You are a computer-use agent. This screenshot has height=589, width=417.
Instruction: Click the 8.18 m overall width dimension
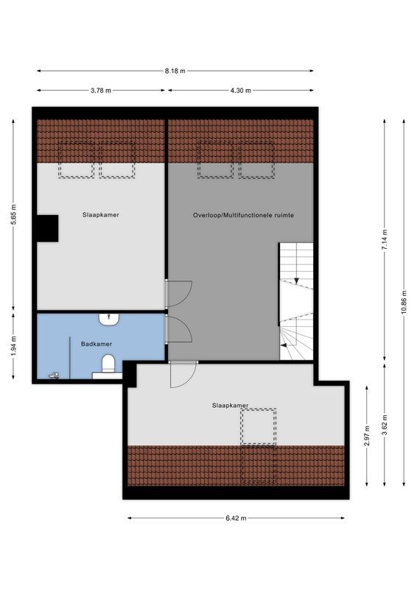pyautogui.click(x=175, y=71)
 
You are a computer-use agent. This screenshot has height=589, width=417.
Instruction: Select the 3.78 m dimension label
pyautogui.click(x=100, y=91)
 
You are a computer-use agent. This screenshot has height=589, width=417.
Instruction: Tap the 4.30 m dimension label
pyautogui.click(x=241, y=91)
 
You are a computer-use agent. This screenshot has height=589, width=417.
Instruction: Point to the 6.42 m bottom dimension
pyautogui.click(x=236, y=518)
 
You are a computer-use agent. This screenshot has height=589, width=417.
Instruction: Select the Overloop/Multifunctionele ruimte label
pyautogui.click(x=243, y=215)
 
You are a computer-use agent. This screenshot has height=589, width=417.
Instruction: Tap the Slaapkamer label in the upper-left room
pyautogui.click(x=101, y=215)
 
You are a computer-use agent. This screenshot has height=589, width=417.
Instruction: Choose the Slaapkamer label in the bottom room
pyautogui.click(x=230, y=405)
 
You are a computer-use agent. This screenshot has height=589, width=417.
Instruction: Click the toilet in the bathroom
pyautogui.click(x=108, y=362)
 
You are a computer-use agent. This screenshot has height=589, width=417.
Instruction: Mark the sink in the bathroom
pyautogui.click(x=109, y=320)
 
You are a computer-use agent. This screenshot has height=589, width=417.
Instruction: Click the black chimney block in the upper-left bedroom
pyautogui.click(x=48, y=228)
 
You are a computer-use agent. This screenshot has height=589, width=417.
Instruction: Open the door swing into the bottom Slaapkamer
pyautogui.click(x=182, y=374)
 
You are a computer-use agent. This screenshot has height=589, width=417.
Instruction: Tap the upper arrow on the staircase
pyautogui.click(x=295, y=280)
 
